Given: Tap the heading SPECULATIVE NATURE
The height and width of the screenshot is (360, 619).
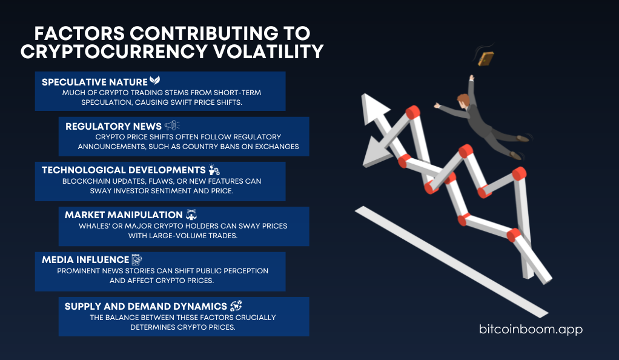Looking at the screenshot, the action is coord(94,82).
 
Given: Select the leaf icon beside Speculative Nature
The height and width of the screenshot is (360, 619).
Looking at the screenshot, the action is coord(155,81).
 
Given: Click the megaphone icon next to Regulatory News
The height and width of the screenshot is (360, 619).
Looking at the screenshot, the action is coord(172,125).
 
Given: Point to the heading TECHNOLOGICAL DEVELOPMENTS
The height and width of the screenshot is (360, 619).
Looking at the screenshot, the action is coord(124,170).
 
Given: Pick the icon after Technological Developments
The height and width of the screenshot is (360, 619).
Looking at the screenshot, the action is coord(214,170).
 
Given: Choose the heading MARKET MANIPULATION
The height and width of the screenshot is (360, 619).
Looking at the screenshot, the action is coord(124,215).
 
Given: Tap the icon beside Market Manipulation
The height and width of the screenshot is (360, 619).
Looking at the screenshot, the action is coord(191,215).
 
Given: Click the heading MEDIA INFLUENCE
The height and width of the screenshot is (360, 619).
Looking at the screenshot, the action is coord(85,260).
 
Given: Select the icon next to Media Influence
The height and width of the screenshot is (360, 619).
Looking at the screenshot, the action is coord(137,259).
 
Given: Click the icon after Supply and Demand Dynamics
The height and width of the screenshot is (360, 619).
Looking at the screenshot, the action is coord(236,306).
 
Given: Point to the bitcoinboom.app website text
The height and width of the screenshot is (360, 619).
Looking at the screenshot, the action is coord(531,329).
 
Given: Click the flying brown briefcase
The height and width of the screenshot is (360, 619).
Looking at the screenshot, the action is coord(486,59).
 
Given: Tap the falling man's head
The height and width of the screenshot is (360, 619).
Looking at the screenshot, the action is coord(464,101).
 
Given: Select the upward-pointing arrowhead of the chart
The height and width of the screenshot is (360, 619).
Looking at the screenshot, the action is coord(373,109).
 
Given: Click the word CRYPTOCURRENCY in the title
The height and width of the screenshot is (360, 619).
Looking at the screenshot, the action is coord(114,52).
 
